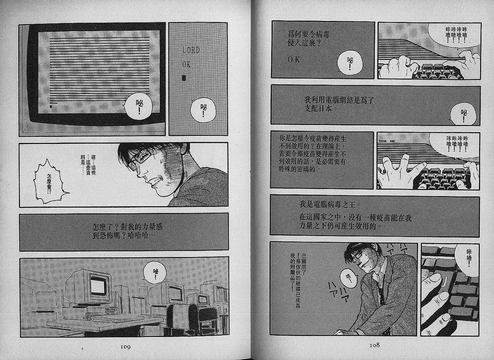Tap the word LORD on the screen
coord(191,50)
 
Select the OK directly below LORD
coord(186,64)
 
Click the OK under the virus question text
coord(294,60)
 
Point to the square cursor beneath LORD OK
coord(184,78)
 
